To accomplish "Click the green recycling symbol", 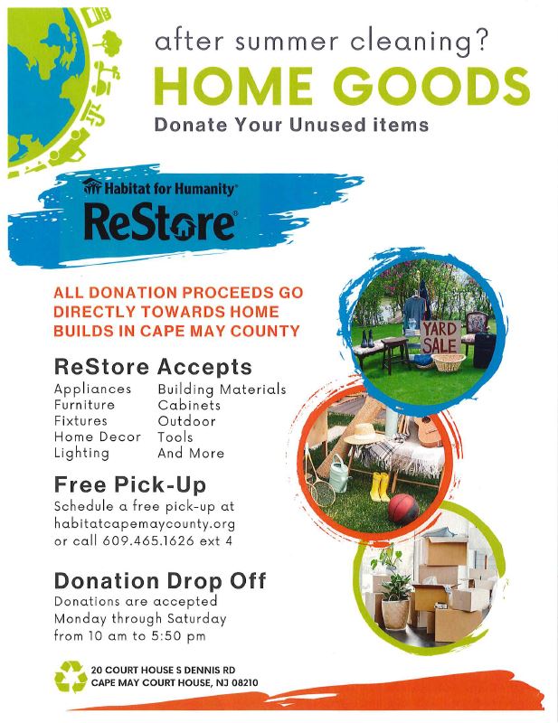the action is (71, 676).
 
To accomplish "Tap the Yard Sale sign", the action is (440, 337).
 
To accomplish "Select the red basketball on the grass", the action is (403, 508).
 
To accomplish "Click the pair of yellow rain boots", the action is (381, 486).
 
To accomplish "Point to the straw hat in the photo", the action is (364, 434).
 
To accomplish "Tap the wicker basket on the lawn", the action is (449, 363).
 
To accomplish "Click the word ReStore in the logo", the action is (159, 223).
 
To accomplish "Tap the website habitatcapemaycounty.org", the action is (145, 524).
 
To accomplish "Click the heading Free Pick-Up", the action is (130, 484).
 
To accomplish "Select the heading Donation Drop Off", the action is (160, 580).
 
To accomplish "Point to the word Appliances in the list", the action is (93, 390).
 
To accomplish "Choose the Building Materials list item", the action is (222, 390).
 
